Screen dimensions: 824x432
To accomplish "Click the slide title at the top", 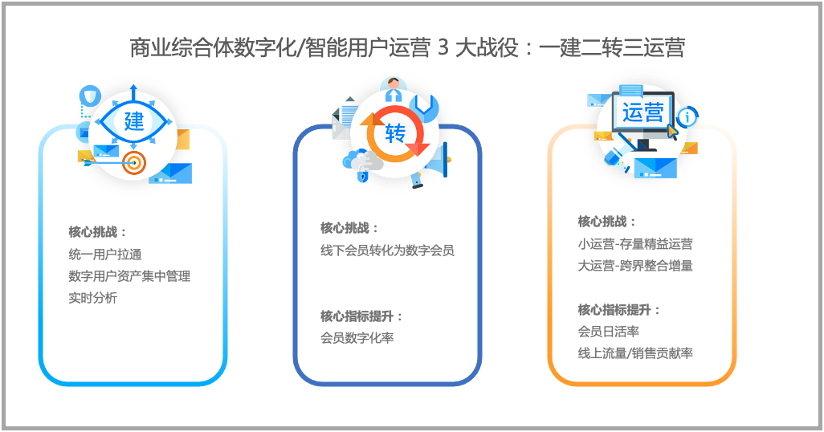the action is tap(407, 48).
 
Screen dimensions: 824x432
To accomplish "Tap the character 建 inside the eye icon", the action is tap(134, 121).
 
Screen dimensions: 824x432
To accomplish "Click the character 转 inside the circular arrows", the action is tap(395, 133).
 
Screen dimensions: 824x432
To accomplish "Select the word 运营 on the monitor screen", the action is tap(642, 112).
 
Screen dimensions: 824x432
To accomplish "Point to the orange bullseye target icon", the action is tap(134, 164).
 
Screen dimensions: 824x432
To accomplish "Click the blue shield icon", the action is tap(90, 96).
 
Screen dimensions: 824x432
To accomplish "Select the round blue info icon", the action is tap(687, 116).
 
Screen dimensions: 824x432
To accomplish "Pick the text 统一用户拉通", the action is tap(105, 255).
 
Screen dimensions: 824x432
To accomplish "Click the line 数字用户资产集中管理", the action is tap(129, 276).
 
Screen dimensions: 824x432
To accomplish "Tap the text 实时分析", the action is tap(92, 298).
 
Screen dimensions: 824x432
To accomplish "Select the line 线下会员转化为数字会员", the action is tap(387, 251).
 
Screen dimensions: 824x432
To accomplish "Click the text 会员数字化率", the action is tap(357, 338).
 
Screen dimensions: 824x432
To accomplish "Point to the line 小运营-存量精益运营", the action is tap(635, 244).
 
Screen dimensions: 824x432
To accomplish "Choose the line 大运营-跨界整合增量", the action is tap(635, 266).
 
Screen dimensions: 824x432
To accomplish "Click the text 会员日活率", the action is tap(609, 332).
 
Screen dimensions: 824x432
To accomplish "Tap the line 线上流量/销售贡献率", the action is tap(635, 353).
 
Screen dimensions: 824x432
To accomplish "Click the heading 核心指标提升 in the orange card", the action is tap(614, 310).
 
